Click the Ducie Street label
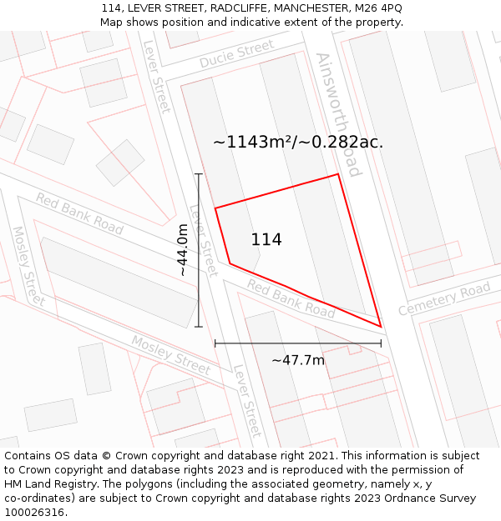point(236,55)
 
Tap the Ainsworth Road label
point(338,114)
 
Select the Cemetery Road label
point(443,299)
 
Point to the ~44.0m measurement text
point(182,250)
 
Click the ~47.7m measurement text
point(298,360)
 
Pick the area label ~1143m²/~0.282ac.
point(298,143)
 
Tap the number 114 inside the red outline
point(266,240)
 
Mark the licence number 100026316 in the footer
point(33,513)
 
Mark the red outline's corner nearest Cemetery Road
point(380,327)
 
